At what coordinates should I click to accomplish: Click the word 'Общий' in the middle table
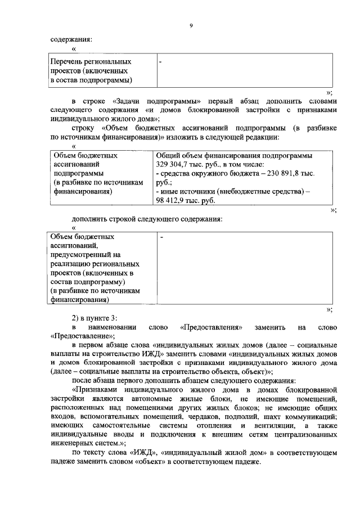point(167,156)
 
